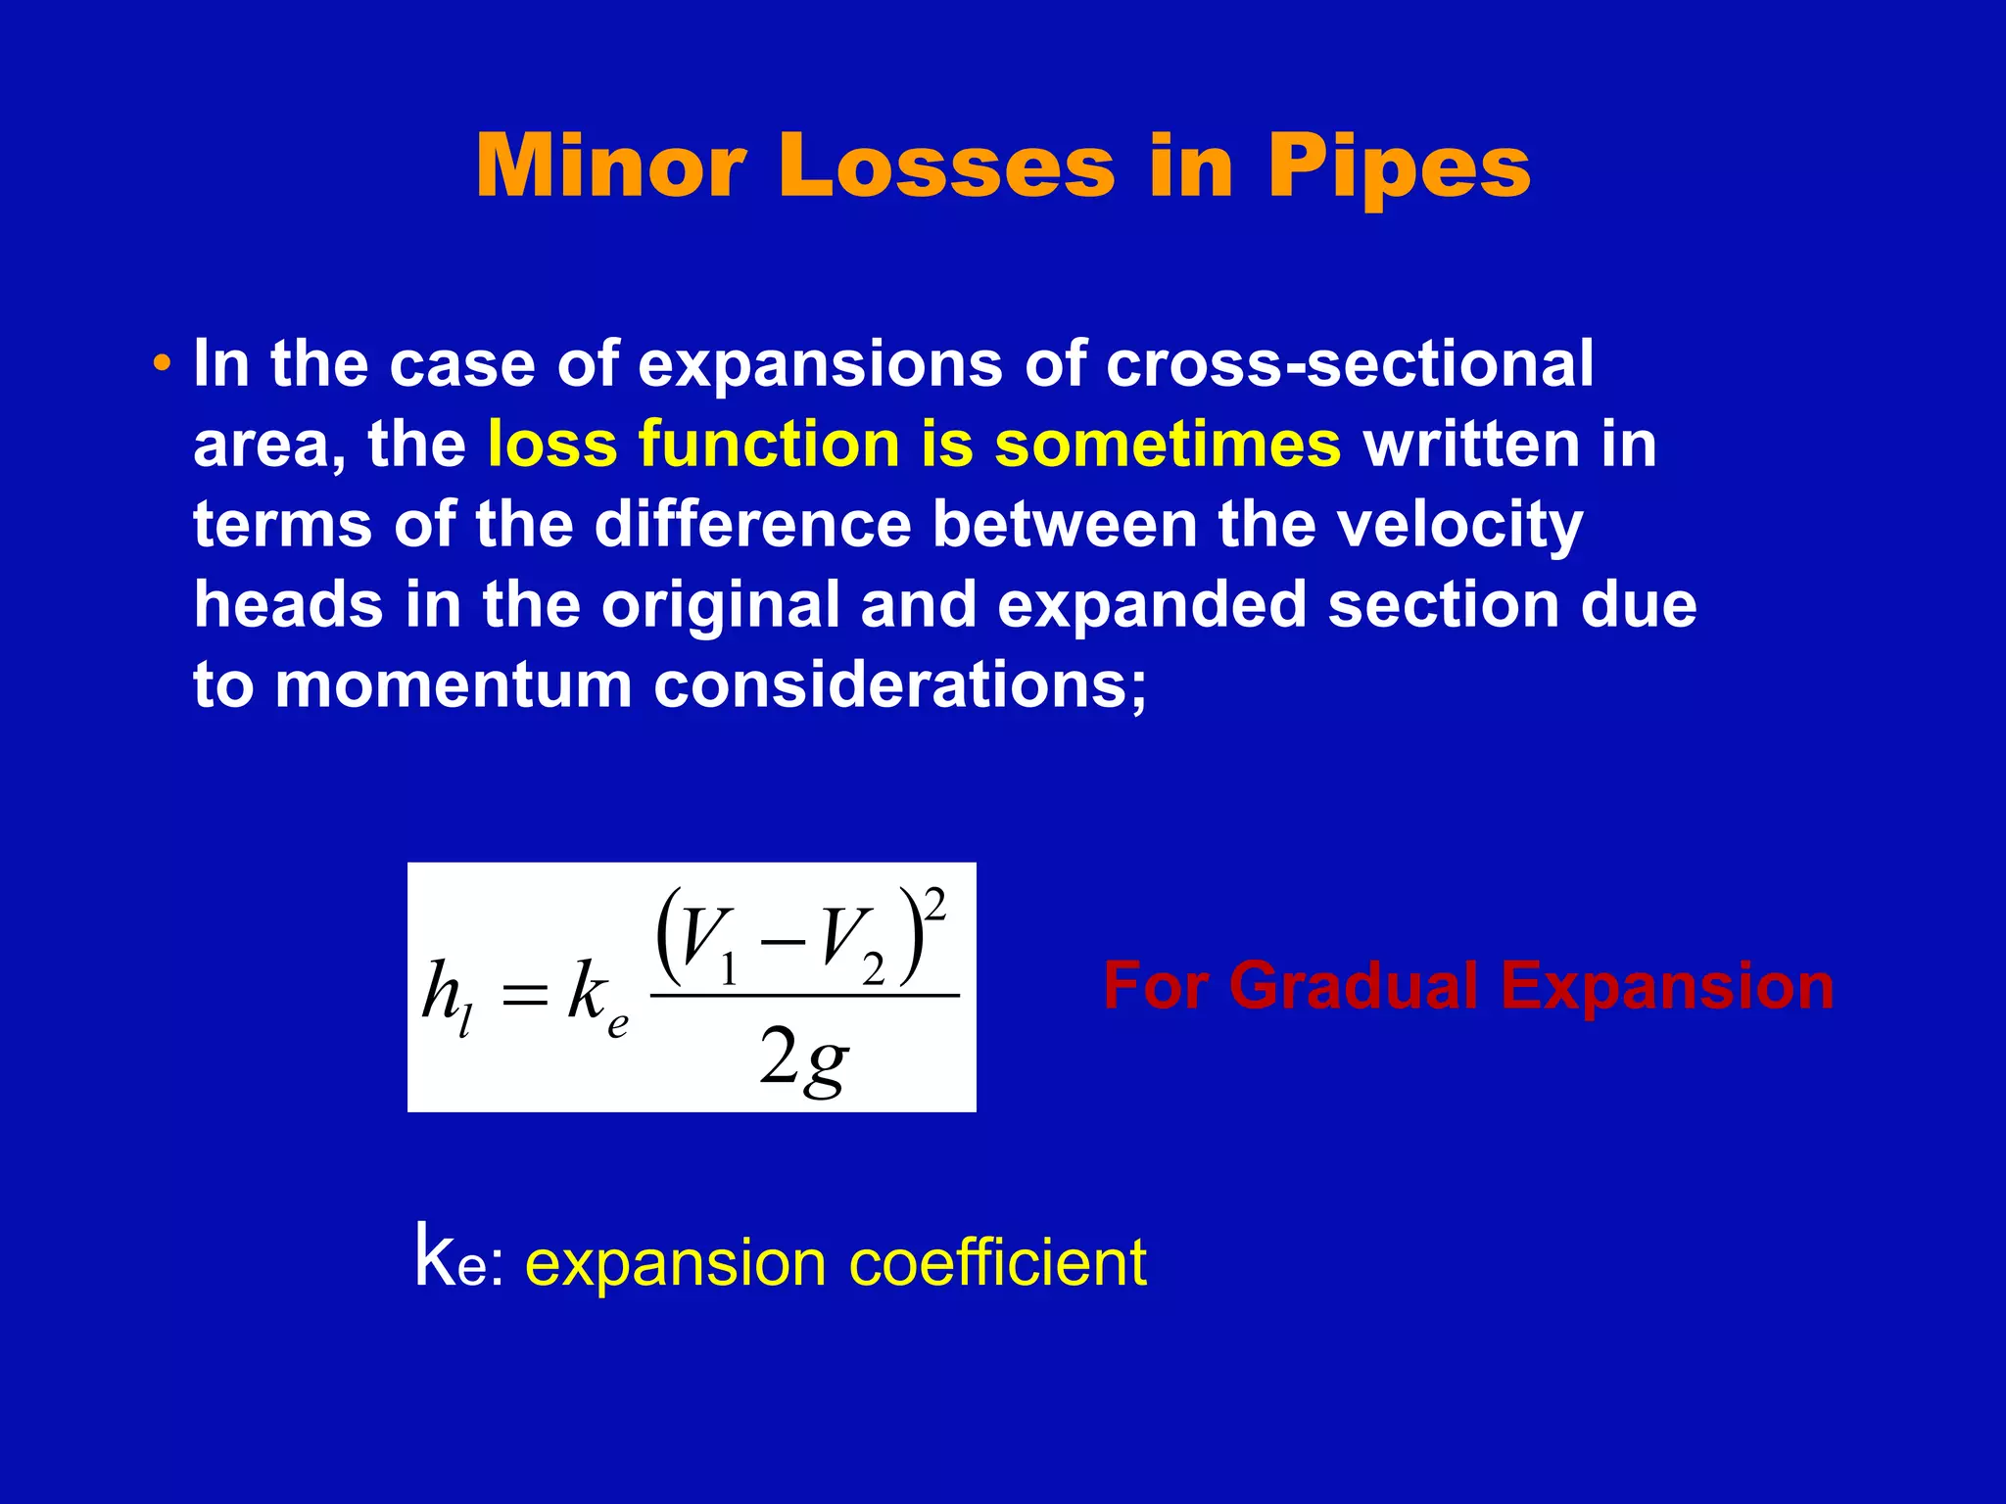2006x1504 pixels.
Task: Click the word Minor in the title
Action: pos(611,166)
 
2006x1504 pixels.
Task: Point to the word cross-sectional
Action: pos(1350,364)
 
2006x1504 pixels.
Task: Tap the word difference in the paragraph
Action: pos(753,525)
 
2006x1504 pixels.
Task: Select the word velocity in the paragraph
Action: pos(1459,527)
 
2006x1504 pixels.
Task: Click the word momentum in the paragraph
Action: pos(454,684)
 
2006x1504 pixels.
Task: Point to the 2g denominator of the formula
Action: pos(803,1061)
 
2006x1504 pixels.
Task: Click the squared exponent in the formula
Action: pos(935,905)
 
